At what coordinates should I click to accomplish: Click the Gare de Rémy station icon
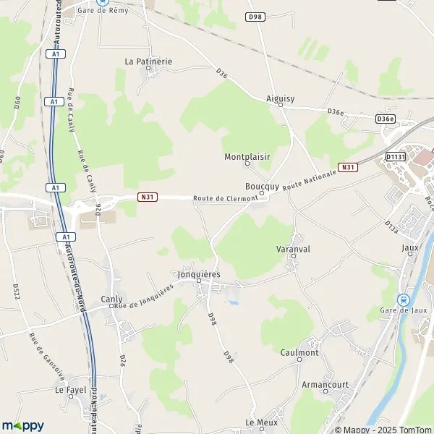[x=102, y=2]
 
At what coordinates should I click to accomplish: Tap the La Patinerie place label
[x=148, y=61]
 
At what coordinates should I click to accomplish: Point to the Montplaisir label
[x=247, y=156]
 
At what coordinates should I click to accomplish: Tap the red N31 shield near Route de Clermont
[x=147, y=196]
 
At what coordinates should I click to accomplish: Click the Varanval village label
[x=293, y=248]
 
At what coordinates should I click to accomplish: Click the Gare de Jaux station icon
[x=404, y=299]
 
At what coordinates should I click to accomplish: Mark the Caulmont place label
[x=299, y=352]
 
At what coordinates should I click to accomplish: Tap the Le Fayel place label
[x=70, y=388]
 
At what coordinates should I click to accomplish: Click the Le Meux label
[x=261, y=422]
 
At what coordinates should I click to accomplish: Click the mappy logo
[x=23, y=425]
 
